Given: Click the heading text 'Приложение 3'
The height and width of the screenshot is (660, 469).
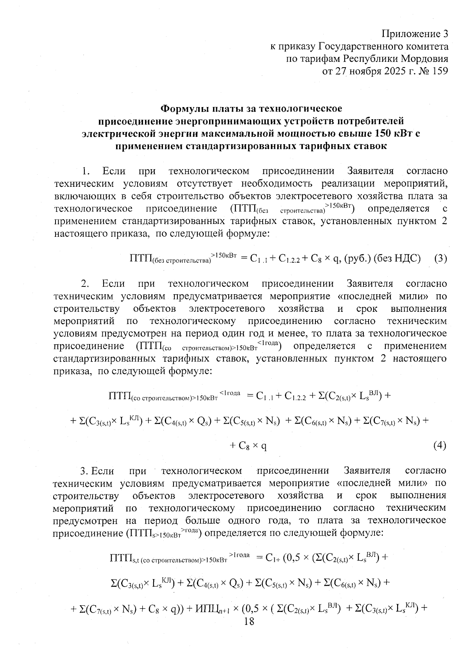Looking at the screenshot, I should point(414,34).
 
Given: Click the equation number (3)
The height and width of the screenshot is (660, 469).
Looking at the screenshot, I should point(440,259).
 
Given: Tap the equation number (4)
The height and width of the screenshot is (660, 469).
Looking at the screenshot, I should point(440,446).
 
